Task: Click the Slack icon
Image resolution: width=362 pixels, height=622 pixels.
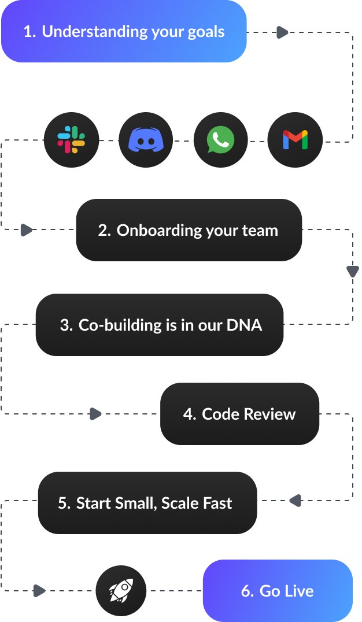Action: pos(71,140)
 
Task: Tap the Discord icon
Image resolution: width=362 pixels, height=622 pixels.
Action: pos(146,140)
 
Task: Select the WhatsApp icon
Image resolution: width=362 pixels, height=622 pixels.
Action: pos(220,140)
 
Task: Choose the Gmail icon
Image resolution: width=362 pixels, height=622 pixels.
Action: pos(295,140)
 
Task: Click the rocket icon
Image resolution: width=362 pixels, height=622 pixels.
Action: pos(121,590)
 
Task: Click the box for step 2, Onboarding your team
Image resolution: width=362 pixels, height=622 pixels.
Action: pos(189,230)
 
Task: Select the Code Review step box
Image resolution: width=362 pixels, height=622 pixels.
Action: pos(239,414)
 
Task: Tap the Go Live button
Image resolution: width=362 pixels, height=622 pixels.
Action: pos(278,591)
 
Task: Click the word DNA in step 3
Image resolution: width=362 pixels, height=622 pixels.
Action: pos(244,325)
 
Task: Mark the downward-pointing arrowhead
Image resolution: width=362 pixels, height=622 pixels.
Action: pos(352,271)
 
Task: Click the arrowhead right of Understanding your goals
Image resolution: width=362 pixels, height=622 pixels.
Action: pos(282,32)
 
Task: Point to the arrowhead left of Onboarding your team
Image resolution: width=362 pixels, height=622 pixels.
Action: pos(27,230)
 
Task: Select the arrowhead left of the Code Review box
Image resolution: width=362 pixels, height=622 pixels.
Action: pos(95,414)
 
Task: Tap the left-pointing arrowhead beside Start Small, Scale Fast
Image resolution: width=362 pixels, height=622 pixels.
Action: pos(295,501)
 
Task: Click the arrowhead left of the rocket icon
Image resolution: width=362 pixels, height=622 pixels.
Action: pos(39,591)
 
